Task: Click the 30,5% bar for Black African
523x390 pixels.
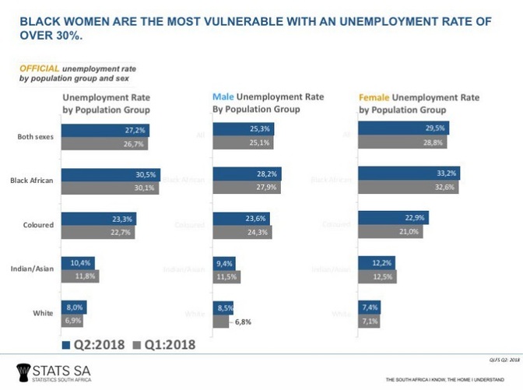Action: click(x=110, y=174)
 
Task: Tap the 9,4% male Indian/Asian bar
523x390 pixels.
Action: click(x=223, y=263)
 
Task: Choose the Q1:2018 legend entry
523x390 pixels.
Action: click(x=160, y=344)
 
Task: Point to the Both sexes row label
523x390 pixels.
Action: click(x=35, y=137)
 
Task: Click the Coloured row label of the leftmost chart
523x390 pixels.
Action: click(x=37, y=225)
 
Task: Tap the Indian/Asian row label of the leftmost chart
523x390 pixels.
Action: click(x=32, y=269)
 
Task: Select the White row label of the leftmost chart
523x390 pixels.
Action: click(x=43, y=313)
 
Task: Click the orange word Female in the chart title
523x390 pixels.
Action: click(x=374, y=98)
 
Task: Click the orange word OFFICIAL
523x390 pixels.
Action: click(x=39, y=69)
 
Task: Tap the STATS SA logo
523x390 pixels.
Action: click(x=50, y=371)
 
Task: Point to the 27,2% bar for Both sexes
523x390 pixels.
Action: click(x=104, y=130)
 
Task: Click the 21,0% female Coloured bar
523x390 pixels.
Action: click(x=389, y=232)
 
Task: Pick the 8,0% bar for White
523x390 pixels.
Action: click(x=72, y=307)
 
